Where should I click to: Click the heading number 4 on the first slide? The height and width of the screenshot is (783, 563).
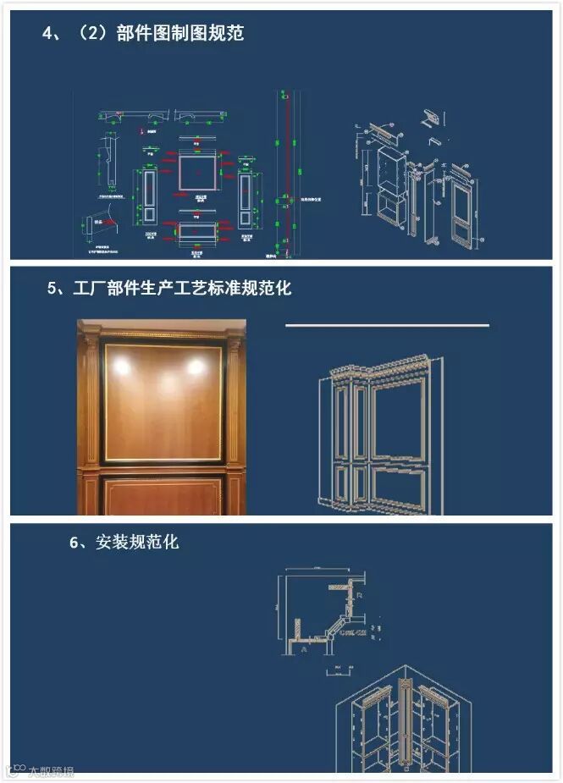coord(48,34)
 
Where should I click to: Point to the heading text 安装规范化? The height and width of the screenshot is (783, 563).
coord(137,542)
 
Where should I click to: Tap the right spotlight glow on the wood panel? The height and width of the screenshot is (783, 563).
coord(196,367)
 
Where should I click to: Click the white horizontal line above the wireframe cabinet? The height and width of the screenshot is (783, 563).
coord(387,325)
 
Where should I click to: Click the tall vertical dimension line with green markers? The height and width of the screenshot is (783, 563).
coord(285,174)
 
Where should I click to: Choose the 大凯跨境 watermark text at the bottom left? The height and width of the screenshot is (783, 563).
coord(51,771)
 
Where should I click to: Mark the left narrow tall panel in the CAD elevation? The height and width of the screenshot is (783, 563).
coord(148,197)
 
